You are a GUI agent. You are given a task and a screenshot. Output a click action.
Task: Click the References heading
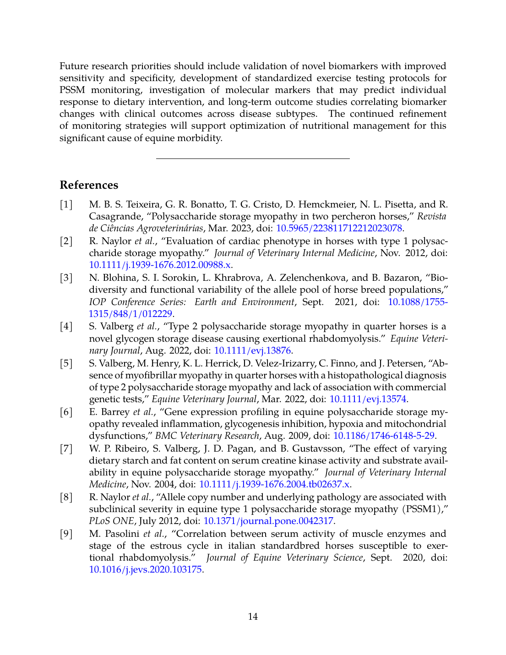[x=89, y=185]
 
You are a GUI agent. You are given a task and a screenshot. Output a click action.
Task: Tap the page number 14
[x=253, y=617]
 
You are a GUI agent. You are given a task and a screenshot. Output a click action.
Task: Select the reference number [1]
[x=66, y=204]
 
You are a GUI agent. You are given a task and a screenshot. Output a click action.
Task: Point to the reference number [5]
[x=66, y=363]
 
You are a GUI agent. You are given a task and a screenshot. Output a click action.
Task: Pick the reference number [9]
[x=66, y=534]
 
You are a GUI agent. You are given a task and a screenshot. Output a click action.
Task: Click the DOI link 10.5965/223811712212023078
[x=339, y=228]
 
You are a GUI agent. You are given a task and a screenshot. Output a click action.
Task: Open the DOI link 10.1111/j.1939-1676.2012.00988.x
[x=160, y=265]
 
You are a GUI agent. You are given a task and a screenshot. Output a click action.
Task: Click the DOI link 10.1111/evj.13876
[x=252, y=350]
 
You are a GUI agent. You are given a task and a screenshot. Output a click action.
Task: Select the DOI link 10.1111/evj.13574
[x=368, y=399]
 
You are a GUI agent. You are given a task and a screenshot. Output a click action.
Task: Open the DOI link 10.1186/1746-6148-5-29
[x=383, y=436]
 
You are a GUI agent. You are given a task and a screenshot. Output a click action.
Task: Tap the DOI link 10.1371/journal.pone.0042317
[x=268, y=521]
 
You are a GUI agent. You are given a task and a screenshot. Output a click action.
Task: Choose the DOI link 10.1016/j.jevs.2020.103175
[x=145, y=569]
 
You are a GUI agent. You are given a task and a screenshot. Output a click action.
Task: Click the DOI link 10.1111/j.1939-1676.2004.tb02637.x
[x=274, y=484]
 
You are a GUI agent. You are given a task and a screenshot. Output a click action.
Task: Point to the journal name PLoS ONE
[x=111, y=521]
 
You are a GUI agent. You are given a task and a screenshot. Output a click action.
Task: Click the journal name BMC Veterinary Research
[x=207, y=436]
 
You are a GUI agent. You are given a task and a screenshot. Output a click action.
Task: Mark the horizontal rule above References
[x=253, y=158]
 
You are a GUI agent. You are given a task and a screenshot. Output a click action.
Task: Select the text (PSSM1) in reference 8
[x=424, y=509]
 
